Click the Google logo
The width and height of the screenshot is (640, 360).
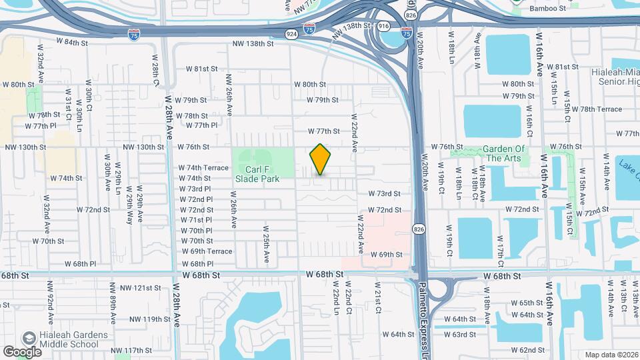pos(22,351)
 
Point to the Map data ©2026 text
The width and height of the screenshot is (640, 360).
pos(611,355)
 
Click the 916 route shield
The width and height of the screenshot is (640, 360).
pos(383,25)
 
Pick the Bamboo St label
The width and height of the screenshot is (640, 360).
pos(547,8)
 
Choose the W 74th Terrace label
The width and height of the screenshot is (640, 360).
pos(203,168)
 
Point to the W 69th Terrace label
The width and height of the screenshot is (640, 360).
pos(207,251)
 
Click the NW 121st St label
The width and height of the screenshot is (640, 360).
pos(138,287)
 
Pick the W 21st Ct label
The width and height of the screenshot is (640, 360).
pos(377,300)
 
